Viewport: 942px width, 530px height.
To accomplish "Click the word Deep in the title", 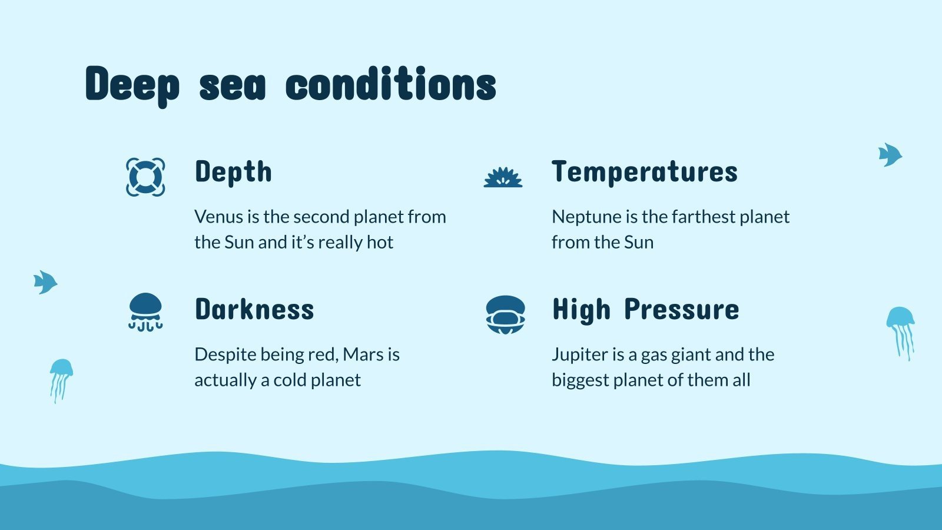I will [132, 84].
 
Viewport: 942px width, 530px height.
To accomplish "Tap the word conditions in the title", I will [390, 84].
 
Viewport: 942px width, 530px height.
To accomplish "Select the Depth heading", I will [233, 172].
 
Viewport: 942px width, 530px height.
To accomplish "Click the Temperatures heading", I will [644, 172].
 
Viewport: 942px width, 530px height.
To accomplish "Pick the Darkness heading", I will [254, 310].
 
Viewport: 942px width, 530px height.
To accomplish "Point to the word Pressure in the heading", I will [681, 310].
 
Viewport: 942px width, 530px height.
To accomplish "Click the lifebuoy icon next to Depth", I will [145, 177].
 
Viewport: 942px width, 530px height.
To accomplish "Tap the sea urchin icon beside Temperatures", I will [503, 177].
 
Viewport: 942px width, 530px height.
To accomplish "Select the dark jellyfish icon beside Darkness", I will [145, 312].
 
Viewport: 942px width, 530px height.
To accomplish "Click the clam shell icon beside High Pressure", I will [505, 314].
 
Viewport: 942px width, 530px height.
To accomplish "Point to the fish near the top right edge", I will [890, 155].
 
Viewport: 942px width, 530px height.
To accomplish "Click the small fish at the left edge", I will [45, 282].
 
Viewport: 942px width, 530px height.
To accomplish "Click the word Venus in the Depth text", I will [218, 217].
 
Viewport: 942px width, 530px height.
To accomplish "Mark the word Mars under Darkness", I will [363, 355].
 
